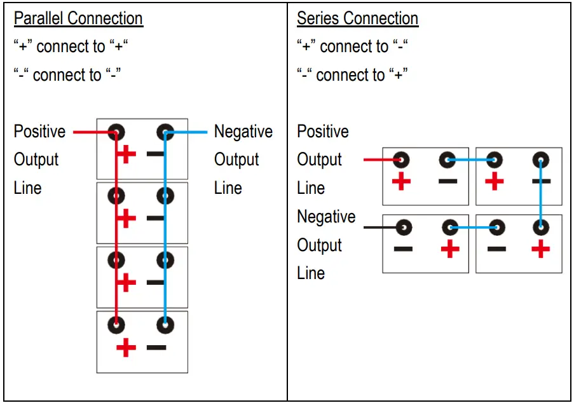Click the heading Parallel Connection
[78, 18]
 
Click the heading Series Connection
[357, 18]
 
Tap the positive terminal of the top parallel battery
[116, 133]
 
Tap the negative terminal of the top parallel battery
[165, 133]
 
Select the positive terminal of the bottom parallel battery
[116, 324]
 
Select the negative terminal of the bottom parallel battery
[165, 324]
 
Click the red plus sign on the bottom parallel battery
[126, 348]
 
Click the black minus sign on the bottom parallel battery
[156, 348]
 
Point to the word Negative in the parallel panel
[243, 132]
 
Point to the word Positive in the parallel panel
[39, 132]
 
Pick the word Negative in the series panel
[326, 217]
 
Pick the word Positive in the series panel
[323, 132]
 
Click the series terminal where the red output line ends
[401, 160]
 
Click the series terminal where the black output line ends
[401, 227]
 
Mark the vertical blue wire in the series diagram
[541, 193]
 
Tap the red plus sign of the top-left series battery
[401, 181]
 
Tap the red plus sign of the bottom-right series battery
[541, 249]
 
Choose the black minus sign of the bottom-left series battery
[402, 249]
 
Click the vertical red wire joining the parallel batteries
[116, 229]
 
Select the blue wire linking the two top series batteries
[472, 160]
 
